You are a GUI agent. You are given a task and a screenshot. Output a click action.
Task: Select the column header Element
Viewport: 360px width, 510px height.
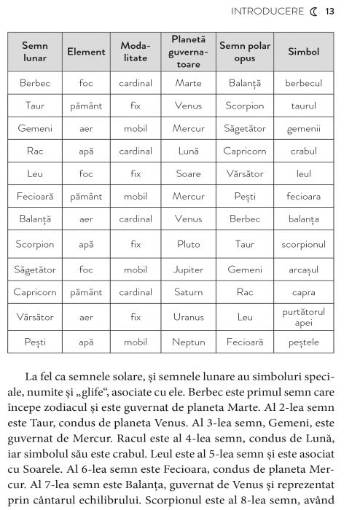pyautogui.click(x=86, y=52)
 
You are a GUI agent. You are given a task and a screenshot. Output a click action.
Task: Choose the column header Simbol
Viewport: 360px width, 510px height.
pyautogui.click(x=303, y=52)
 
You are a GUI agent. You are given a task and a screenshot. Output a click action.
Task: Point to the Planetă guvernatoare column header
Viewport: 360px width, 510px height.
pyautogui.click(x=188, y=52)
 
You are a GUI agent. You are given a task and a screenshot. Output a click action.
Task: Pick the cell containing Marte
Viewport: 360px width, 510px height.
pyautogui.click(x=188, y=83)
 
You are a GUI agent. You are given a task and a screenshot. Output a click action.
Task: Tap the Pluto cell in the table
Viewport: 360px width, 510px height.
pyautogui.click(x=188, y=244)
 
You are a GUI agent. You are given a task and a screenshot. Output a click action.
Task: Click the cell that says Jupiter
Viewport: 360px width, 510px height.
pyautogui.click(x=188, y=269)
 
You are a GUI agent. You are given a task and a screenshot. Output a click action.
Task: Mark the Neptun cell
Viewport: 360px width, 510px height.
pyautogui.click(x=188, y=341)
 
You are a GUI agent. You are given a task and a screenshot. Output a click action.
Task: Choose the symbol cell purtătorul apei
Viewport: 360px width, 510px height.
pyautogui.click(x=303, y=317)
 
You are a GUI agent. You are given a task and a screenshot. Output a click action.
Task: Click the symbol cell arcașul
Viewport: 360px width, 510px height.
pyautogui.click(x=303, y=269)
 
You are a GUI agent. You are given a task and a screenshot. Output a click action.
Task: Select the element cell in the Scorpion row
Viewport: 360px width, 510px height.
pyautogui.click(x=86, y=244)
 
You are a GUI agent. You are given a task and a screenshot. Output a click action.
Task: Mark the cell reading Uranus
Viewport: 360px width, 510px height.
pyautogui.click(x=188, y=317)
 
